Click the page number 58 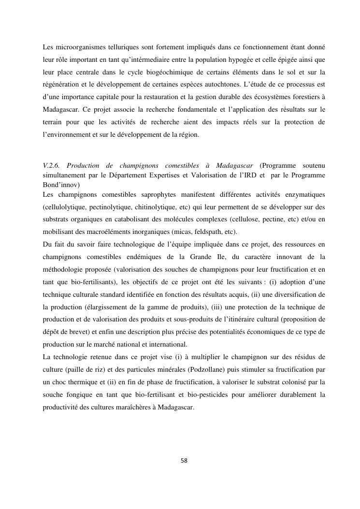tap(184, 461)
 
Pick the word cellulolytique tap(64, 207)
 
